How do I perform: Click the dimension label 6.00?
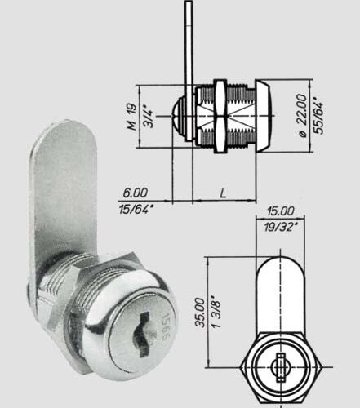[x=136, y=193]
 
